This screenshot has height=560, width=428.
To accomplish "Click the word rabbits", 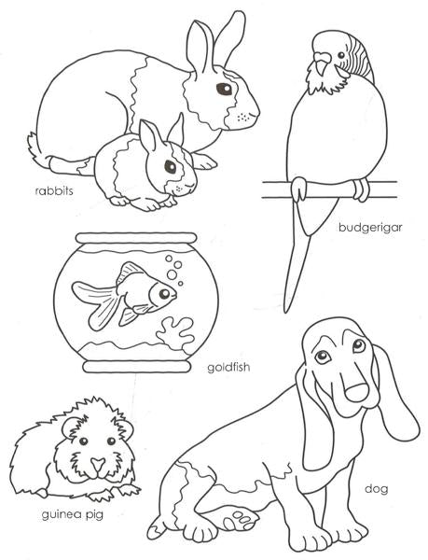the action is click(x=54, y=190).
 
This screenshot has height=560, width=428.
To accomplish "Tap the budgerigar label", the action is click(x=370, y=228).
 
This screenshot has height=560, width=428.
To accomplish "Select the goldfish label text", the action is click(x=228, y=367).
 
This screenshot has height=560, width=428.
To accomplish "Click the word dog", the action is click(x=377, y=489).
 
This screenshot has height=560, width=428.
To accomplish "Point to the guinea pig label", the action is click(x=73, y=515).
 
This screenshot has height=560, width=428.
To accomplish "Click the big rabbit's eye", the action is click(x=224, y=89).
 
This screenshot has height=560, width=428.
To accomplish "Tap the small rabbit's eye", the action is click(x=170, y=166).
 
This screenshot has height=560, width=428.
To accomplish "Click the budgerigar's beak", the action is click(x=322, y=63).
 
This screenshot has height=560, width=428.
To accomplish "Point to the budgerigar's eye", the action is click(x=341, y=55).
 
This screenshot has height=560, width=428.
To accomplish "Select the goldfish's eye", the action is click(x=164, y=294).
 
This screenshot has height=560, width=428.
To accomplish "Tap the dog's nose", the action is click(x=356, y=393).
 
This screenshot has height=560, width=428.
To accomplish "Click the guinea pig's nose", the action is click(x=97, y=464).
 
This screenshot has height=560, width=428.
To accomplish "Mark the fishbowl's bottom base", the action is click(x=136, y=367).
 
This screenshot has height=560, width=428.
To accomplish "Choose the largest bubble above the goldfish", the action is click(x=173, y=274).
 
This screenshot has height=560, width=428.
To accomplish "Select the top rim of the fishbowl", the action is click(x=136, y=238).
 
